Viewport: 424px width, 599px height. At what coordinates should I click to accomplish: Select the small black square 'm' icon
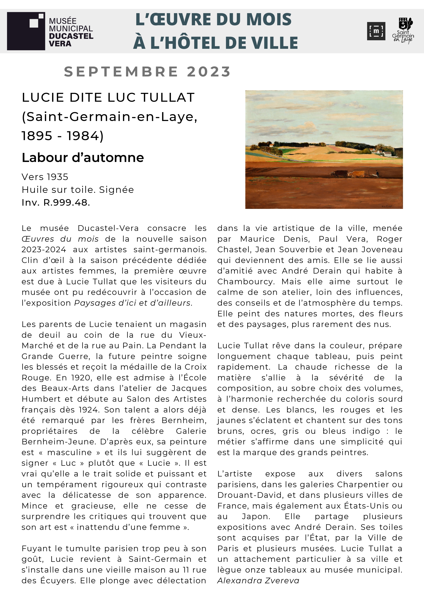(x=376, y=31)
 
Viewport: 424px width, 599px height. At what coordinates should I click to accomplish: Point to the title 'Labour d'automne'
(x=83, y=158)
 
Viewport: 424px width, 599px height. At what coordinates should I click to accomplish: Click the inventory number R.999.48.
(x=67, y=202)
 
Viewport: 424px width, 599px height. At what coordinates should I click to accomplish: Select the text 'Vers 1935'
(x=45, y=177)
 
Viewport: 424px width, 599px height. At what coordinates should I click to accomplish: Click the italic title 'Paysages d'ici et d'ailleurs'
(x=133, y=303)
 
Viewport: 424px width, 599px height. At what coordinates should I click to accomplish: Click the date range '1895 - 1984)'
(x=63, y=136)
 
